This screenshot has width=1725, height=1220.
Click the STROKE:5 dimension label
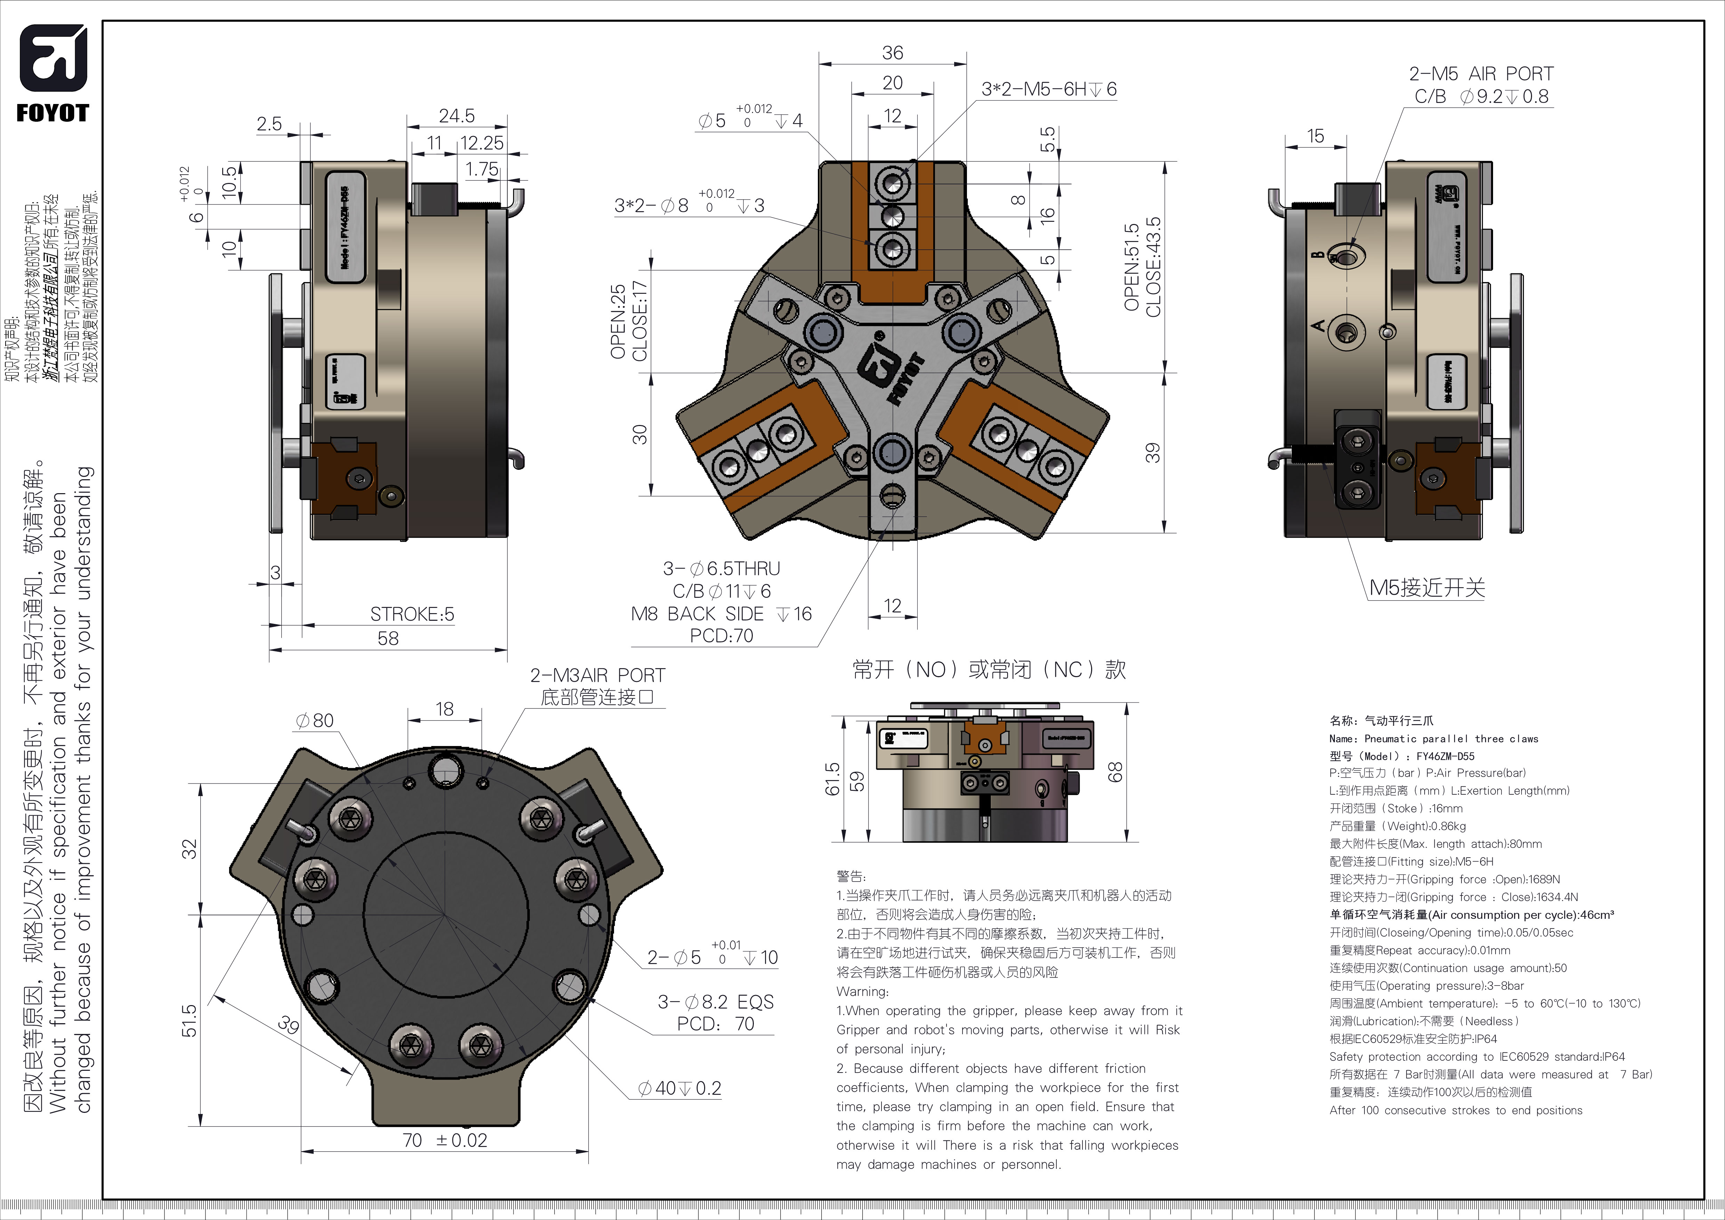[412, 615]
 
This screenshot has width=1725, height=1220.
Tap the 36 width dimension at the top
[893, 53]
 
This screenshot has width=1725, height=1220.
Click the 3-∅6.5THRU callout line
[721, 569]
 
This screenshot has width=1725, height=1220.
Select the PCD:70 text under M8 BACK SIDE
[721, 635]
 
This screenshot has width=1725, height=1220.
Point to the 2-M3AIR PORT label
[597, 675]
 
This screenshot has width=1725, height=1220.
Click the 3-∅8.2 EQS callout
[715, 1002]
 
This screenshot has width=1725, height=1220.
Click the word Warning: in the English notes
[862, 992]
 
